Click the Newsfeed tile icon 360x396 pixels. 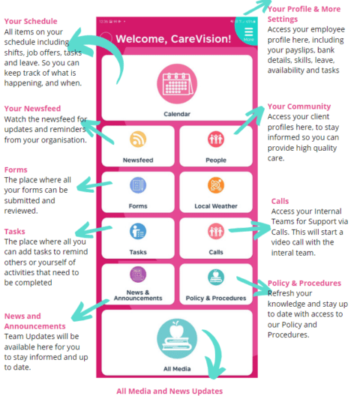[x=138, y=139]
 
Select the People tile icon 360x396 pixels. [x=216, y=139]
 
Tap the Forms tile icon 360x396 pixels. [x=138, y=185]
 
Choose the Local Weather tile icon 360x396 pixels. [x=216, y=185]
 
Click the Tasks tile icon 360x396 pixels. [x=138, y=231]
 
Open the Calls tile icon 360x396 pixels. [x=216, y=231]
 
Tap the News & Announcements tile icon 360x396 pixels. [x=138, y=275]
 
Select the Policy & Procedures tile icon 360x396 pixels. [x=216, y=277]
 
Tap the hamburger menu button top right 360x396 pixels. [x=249, y=33]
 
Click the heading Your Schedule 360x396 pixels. [x=31, y=21]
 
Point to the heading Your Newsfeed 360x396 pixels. [x=31, y=109]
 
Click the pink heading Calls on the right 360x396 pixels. [x=280, y=201]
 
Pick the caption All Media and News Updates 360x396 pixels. [x=169, y=390]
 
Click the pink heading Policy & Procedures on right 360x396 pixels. [x=304, y=283]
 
